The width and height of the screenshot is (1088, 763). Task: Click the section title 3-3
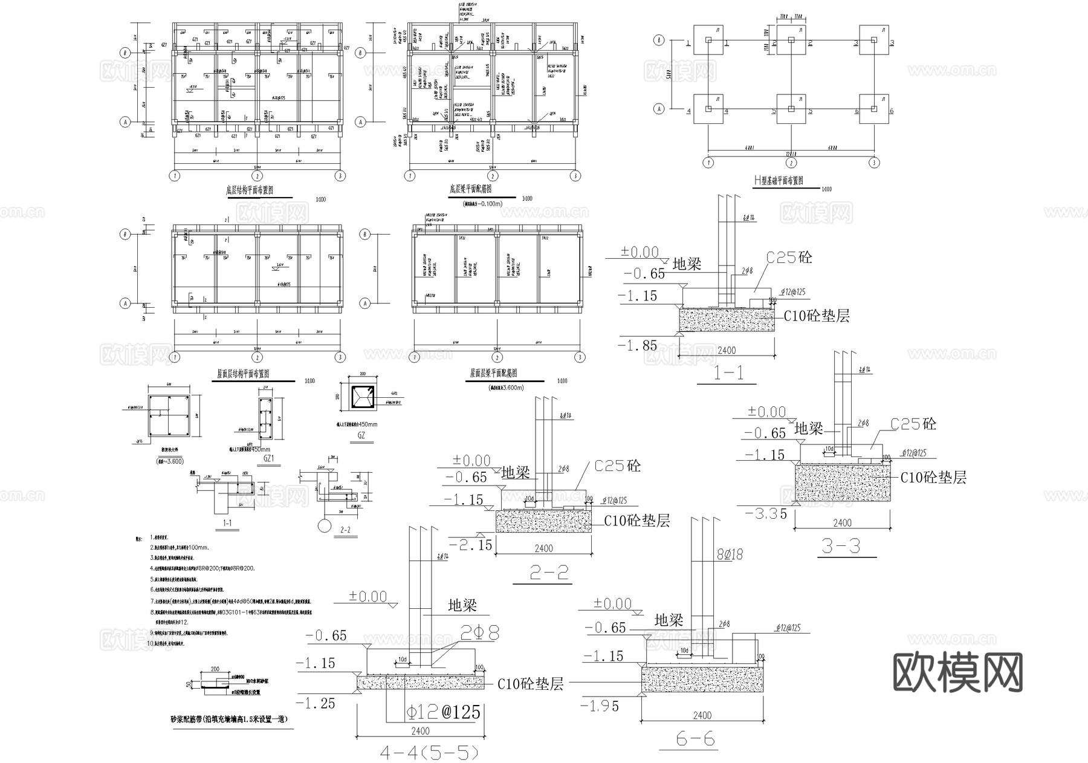tap(840, 547)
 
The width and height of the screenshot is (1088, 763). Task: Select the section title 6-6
tap(695, 739)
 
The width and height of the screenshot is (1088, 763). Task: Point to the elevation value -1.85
tap(637, 345)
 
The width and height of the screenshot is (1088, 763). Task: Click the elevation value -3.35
tap(766, 514)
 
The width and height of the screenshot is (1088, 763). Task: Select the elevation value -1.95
tap(600, 706)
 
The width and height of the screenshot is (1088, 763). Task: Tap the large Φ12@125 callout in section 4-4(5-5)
tap(443, 712)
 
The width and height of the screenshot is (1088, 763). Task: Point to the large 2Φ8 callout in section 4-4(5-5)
tap(480, 633)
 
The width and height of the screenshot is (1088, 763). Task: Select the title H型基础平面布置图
tap(778, 180)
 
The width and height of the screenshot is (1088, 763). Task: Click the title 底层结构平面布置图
tap(250, 190)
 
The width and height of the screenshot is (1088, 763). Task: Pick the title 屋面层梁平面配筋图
tap(494, 374)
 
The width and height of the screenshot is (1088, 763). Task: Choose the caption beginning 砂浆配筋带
tap(229, 719)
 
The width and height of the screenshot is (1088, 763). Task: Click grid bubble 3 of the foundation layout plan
tap(874, 163)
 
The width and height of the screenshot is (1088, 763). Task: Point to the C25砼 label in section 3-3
tap(913, 424)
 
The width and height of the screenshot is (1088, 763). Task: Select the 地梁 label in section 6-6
tap(669, 620)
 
